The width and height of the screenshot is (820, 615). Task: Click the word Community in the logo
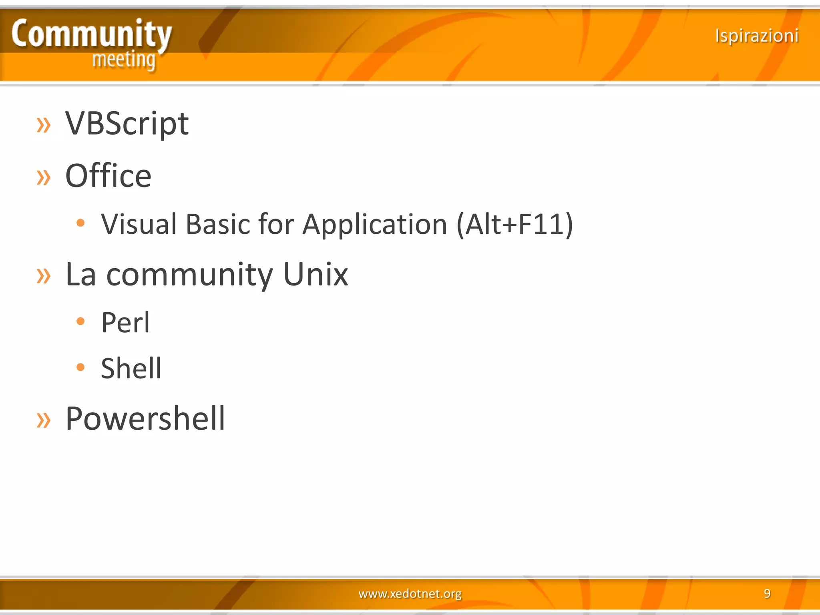point(91,34)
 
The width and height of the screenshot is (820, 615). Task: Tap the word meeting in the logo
point(124,60)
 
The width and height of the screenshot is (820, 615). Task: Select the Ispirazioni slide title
point(756,36)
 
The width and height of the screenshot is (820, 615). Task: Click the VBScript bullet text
point(127,123)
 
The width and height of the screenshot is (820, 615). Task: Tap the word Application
point(374,225)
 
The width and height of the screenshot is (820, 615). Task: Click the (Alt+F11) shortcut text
point(515,225)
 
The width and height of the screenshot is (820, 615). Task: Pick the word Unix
point(316,275)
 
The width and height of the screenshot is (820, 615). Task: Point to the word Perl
point(125,322)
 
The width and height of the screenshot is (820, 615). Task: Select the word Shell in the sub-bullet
point(131,368)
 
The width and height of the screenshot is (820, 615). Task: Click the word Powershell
point(145,418)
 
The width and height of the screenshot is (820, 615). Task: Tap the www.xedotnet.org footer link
point(410,593)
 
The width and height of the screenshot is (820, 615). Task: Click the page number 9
point(767,593)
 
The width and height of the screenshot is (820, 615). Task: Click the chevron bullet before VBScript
point(44,125)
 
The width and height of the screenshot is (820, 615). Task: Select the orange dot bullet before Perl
point(80,321)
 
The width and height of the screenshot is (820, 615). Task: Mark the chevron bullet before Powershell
point(44,420)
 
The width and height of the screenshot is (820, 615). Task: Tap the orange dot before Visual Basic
point(80,223)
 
